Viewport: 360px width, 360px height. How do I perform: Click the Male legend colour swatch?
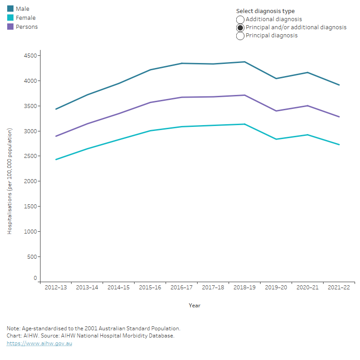(x=10, y=9)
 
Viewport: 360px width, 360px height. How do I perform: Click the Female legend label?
(x=25, y=18)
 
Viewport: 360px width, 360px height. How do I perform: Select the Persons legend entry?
(x=27, y=27)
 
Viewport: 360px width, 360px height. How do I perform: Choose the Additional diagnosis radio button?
(x=240, y=19)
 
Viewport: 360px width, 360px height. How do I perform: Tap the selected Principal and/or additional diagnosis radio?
(x=240, y=27)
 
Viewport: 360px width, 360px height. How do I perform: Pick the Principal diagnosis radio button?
(x=240, y=36)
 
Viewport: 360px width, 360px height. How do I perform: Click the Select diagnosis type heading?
(x=265, y=11)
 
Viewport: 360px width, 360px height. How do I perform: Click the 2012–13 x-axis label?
(x=56, y=288)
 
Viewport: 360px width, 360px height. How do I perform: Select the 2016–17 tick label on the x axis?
(x=181, y=288)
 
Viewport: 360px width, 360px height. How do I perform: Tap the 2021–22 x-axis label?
(x=339, y=288)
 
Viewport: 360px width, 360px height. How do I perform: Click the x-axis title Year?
(x=194, y=306)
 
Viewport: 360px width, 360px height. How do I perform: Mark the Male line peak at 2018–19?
(x=244, y=62)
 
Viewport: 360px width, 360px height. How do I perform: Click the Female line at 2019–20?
(x=276, y=139)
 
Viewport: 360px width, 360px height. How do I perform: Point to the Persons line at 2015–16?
(x=150, y=102)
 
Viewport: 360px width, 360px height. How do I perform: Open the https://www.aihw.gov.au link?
(x=39, y=344)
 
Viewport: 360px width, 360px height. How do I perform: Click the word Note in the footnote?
(x=13, y=328)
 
